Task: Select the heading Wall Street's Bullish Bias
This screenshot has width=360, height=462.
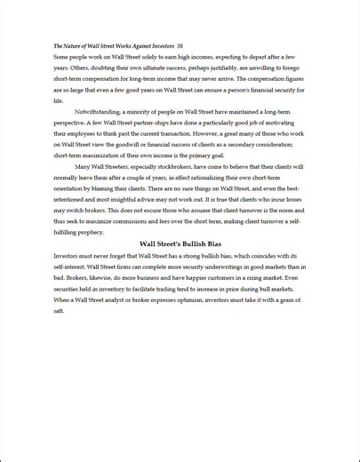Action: coord(180,243)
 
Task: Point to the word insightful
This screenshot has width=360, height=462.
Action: coord(127,199)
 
